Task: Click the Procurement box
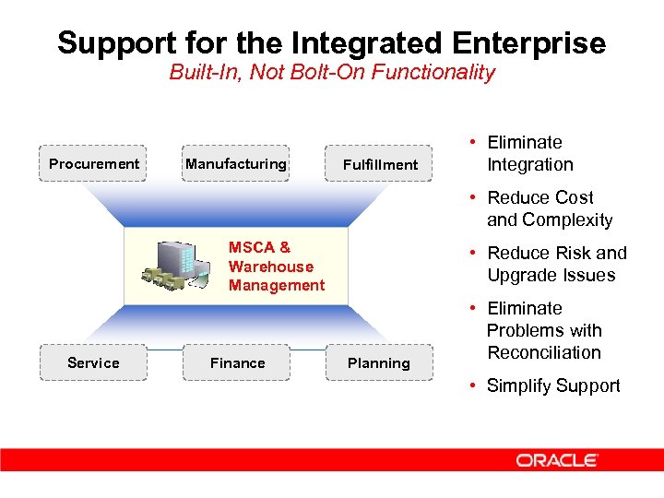(x=93, y=164)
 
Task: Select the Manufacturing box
(x=236, y=164)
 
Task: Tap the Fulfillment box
(x=379, y=165)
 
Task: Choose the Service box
(x=93, y=362)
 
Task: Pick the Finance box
(x=237, y=362)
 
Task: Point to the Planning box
(x=378, y=363)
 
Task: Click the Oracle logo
(x=557, y=460)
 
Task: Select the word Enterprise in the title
(x=522, y=42)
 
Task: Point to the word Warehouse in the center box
(x=271, y=267)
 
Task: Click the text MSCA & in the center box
(x=259, y=247)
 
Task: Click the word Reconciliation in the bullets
(x=543, y=352)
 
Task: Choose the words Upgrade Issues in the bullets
(x=551, y=275)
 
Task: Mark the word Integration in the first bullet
(x=530, y=164)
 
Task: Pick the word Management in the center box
(x=277, y=286)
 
